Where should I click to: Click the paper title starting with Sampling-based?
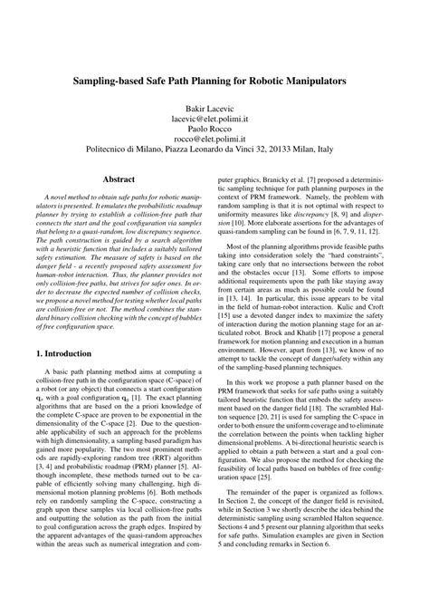pyautogui.click(x=214, y=80)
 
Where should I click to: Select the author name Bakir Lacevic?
pyautogui.click(x=214, y=107)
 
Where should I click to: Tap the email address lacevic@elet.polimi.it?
pyautogui.click(x=214, y=119)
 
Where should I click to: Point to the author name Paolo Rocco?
pyautogui.click(x=214, y=130)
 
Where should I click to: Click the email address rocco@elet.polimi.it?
pyautogui.click(x=214, y=142)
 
